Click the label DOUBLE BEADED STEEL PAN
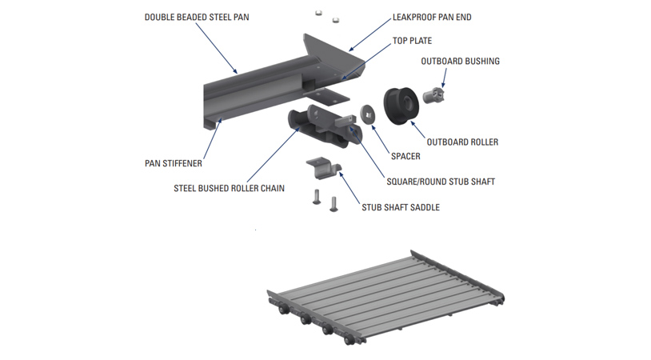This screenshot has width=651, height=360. [197, 17]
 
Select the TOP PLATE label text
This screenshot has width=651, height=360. [412, 41]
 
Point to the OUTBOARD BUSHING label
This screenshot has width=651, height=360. [460, 61]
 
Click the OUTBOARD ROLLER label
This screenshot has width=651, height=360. [462, 142]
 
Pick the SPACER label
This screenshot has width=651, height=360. [405, 156]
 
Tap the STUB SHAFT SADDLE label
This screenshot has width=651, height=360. [400, 207]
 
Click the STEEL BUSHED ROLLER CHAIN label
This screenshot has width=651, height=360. [230, 189]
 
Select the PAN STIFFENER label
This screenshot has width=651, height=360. [174, 163]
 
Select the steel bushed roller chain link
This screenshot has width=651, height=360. [307, 127]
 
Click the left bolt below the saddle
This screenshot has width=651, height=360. [317, 196]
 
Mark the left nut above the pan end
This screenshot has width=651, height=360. [318, 12]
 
